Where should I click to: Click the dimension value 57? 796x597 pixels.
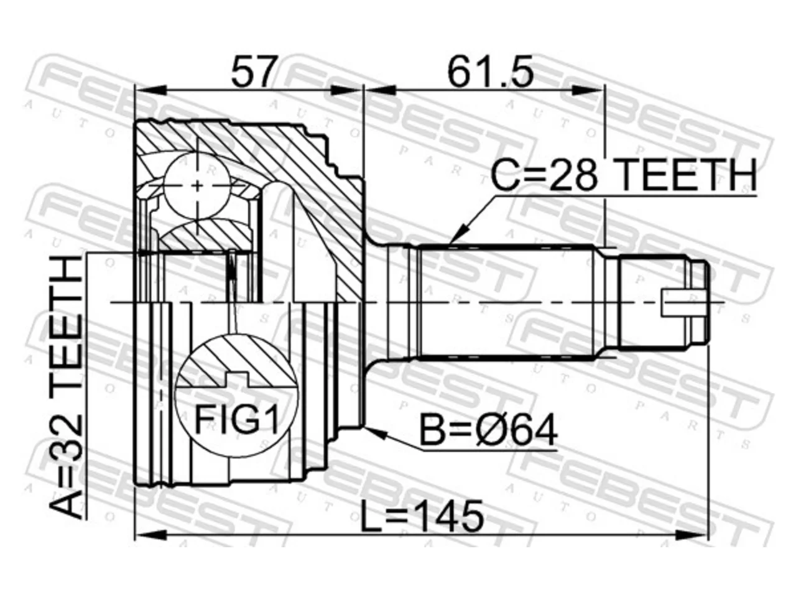[x=252, y=72]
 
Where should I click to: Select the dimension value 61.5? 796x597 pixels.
[x=490, y=72]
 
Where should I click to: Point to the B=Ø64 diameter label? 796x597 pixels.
[x=488, y=431]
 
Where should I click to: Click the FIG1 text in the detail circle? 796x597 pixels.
[x=237, y=420]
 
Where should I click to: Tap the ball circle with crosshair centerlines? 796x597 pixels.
[x=197, y=185]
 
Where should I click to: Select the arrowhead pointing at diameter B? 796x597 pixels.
[x=376, y=433]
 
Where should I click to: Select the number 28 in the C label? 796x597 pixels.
[x=573, y=175]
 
